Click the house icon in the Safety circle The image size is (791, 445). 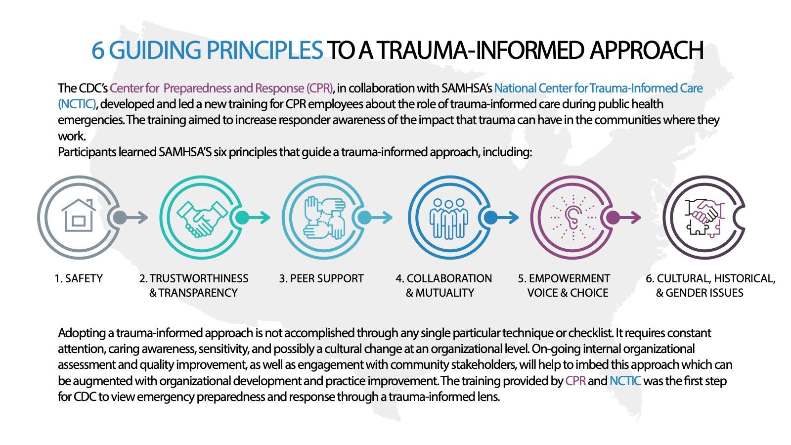[x=79, y=216]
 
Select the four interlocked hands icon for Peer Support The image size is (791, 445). [x=324, y=218]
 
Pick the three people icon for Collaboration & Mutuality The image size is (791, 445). [x=449, y=218]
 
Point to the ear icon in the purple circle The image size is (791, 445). [x=573, y=218]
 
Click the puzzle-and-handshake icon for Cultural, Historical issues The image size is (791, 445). [x=704, y=218]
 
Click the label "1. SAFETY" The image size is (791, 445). [x=79, y=279]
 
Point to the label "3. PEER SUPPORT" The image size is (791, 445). [x=321, y=279]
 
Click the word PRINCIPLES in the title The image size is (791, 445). [x=264, y=50]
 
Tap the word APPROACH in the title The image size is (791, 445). [x=647, y=50]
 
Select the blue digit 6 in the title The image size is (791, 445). [x=98, y=50]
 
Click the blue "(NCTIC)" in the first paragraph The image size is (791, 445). [x=77, y=104]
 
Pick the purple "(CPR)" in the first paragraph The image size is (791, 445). [x=319, y=88]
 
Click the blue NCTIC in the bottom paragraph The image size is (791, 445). [x=625, y=381]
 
